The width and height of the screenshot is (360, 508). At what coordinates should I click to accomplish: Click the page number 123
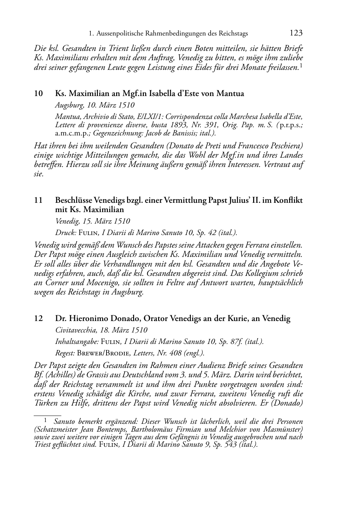[x=296, y=33]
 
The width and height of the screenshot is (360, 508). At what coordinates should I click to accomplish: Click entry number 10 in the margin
[x=38, y=94]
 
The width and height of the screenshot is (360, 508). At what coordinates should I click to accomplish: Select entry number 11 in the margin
[x=38, y=200]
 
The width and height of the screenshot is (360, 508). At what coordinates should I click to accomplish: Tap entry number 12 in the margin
[x=38, y=318]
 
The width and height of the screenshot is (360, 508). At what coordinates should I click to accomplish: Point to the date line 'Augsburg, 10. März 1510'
[x=95, y=105]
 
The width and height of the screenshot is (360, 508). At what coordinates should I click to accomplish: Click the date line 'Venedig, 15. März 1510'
[x=93, y=221]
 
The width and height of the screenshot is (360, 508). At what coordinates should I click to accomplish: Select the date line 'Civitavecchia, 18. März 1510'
[x=101, y=330]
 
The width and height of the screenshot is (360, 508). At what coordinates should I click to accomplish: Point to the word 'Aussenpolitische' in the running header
[x=120, y=34]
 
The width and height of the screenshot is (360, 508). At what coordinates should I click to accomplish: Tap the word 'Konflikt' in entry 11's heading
[x=290, y=200]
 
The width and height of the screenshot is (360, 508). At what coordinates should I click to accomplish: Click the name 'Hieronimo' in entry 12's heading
[x=87, y=318]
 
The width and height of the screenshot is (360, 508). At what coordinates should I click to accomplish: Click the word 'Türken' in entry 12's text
[x=44, y=403]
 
